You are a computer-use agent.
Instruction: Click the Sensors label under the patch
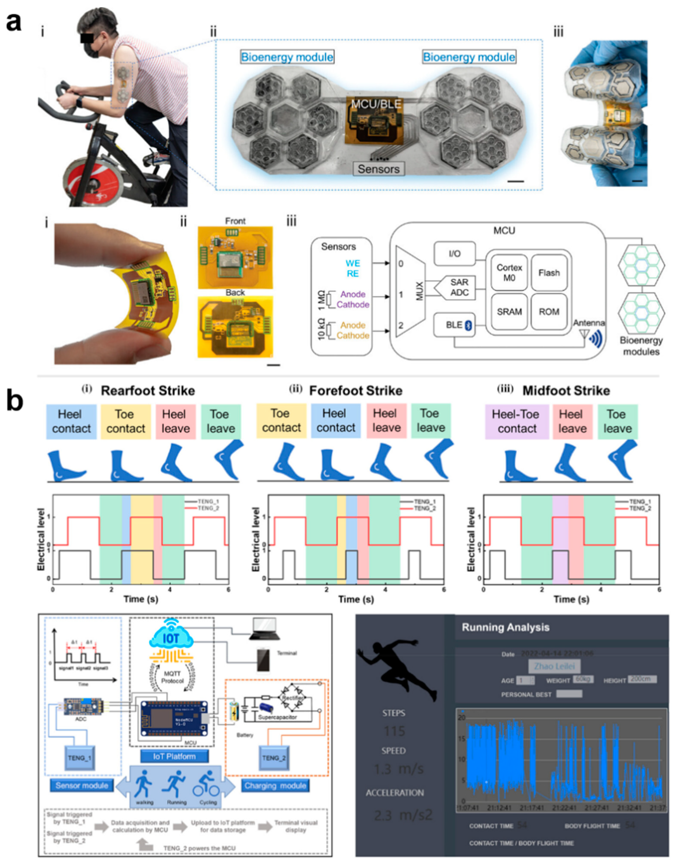pyautogui.click(x=378, y=169)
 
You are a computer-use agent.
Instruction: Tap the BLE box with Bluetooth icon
pyautogui.click(x=454, y=325)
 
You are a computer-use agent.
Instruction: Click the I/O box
pyautogui.click(x=454, y=253)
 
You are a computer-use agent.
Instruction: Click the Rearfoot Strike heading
pyautogui.click(x=148, y=391)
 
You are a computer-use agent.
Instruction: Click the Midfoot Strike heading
pyautogui.click(x=566, y=391)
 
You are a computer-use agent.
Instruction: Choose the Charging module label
pyautogui.click(x=275, y=786)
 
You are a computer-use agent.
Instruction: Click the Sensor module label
pyautogui.click(x=82, y=786)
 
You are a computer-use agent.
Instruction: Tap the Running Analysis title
pyautogui.click(x=505, y=627)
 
